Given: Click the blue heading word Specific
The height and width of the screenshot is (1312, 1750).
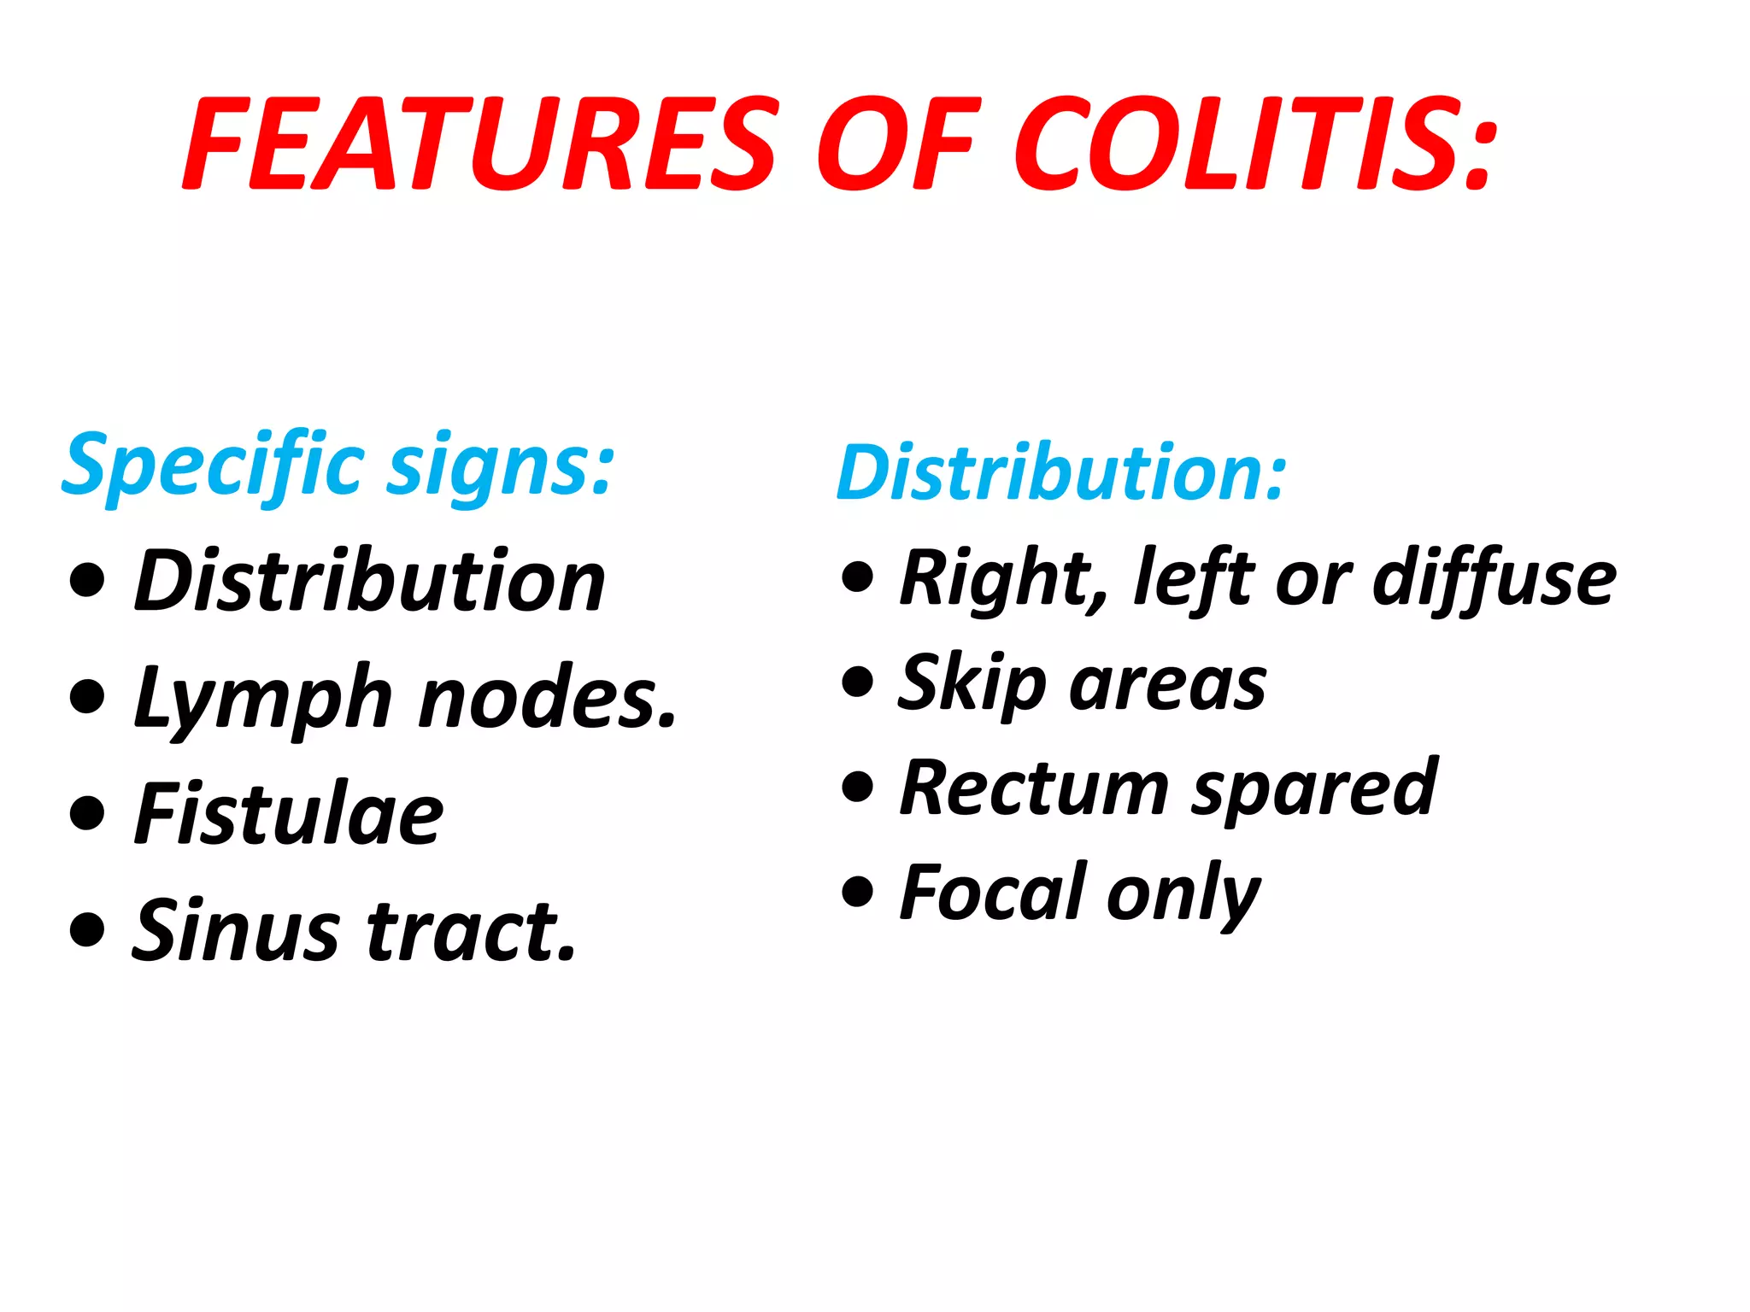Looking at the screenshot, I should pyautogui.click(x=214, y=466).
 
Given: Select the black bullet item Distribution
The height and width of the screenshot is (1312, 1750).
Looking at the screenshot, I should pyautogui.click(x=370, y=581).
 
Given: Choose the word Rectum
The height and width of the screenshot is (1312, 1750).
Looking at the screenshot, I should pyautogui.click(x=1034, y=789).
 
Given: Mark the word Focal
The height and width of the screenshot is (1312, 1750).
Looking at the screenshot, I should pyautogui.click(x=992, y=893).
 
